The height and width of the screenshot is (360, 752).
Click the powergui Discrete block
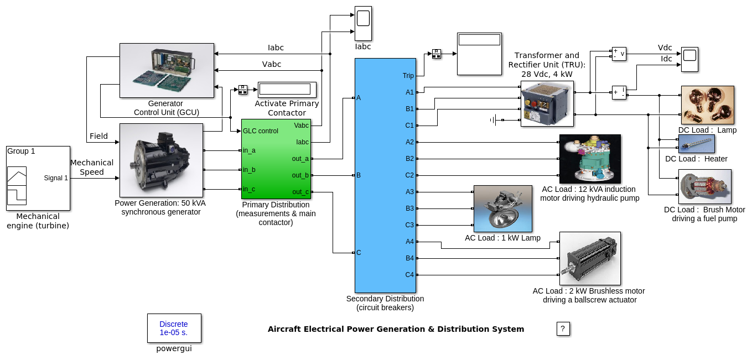point(174,328)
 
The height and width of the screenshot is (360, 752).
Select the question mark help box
point(563,328)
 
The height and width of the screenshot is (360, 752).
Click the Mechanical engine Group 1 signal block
point(38,178)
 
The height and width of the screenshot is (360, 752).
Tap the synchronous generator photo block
point(161,160)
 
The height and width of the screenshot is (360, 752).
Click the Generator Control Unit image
point(167,70)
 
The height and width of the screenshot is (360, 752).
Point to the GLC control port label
point(261,131)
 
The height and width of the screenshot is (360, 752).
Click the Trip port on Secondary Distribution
point(408,76)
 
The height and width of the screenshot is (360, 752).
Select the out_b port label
point(300,175)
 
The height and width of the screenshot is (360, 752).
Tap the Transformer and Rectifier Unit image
point(547,104)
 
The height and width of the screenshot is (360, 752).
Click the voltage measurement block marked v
point(619,54)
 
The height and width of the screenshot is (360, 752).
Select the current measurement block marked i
point(619,92)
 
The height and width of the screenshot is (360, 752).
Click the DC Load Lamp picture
point(707,105)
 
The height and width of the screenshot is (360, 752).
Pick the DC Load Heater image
point(697,144)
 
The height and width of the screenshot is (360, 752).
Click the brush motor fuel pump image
point(705,186)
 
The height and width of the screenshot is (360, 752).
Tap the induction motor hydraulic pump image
point(590,159)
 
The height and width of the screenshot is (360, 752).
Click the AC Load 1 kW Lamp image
point(502,208)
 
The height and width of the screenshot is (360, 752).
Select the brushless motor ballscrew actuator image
point(590,258)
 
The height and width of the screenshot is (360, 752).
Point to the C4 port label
point(409,275)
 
